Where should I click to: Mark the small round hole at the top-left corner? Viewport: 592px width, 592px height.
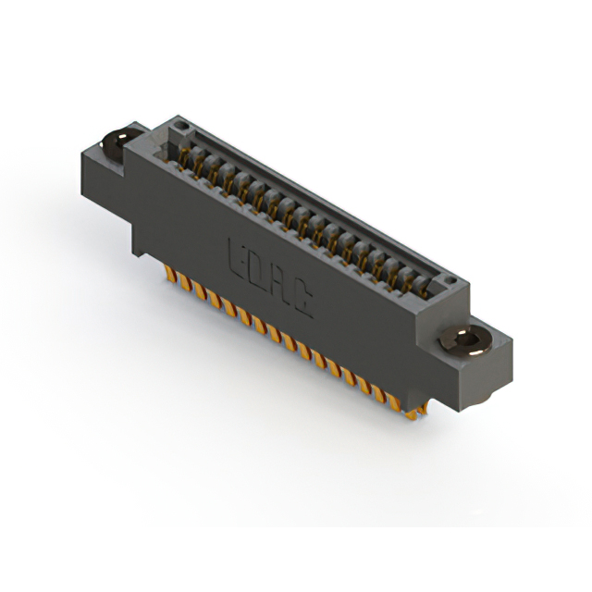click(181, 124)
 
